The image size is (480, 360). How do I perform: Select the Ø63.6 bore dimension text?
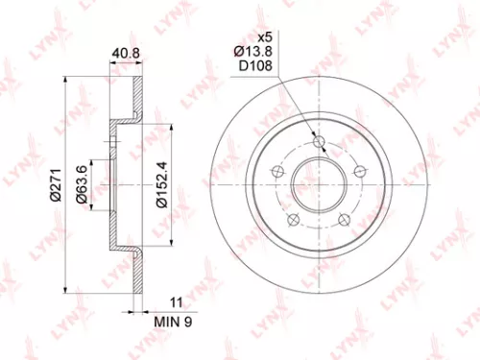tap(84, 179)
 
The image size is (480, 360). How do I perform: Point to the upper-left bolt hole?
tap(279, 172)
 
